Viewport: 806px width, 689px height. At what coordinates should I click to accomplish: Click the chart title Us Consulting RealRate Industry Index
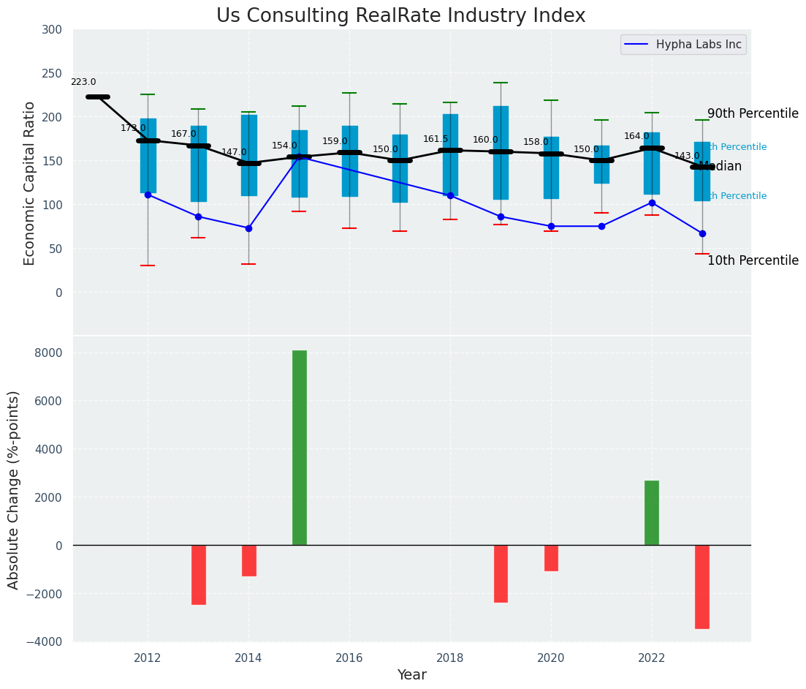pyautogui.click(x=400, y=16)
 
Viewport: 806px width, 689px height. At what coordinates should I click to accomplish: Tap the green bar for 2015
pyautogui.click(x=300, y=448)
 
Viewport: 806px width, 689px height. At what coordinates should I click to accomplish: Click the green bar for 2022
pyautogui.click(x=652, y=513)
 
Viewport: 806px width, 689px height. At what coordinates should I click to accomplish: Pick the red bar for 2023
pyautogui.click(x=702, y=587)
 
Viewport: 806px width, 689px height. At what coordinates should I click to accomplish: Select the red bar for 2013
pyautogui.click(x=199, y=575)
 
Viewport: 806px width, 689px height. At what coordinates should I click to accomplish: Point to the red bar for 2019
pyautogui.click(x=501, y=573)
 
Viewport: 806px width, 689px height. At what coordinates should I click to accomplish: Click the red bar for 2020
pyautogui.click(x=551, y=558)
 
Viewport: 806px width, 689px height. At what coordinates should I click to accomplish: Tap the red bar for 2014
pyautogui.click(x=249, y=560)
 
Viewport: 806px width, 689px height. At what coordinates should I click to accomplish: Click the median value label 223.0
pyautogui.click(x=83, y=83)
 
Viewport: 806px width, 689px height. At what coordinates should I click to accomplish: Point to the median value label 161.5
pyautogui.click(x=436, y=139)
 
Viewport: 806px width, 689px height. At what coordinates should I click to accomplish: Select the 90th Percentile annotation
pyautogui.click(x=753, y=114)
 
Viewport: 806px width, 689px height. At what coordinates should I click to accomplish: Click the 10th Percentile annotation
pyautogui.click(x=753, y=261)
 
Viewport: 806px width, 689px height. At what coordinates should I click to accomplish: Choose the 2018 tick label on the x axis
pyautogui.click(x=450, y=658)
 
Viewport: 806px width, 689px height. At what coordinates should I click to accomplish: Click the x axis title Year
pyautogui.click(x=411, y=675)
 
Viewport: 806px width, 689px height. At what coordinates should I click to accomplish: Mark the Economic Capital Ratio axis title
pyautogui.click(x=30, y=183)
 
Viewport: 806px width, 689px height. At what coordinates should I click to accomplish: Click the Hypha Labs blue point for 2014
pyautogui.click(x=248, y=228)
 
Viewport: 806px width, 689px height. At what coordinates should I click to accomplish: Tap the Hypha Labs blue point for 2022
pyautogui.click(x=652, y=203)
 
